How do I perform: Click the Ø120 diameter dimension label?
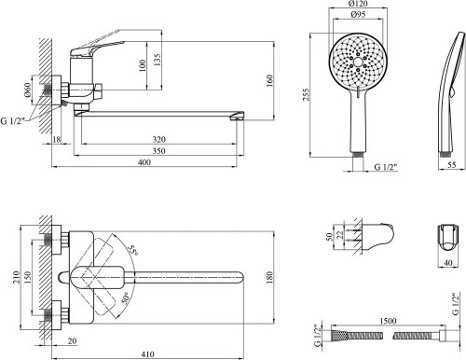tap(358, 4)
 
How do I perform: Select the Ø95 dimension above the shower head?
tap(358, 14)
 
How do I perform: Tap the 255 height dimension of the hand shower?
tap(307, 94)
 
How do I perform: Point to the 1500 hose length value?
tap(388, 321)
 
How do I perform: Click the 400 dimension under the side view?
tap(144, 162)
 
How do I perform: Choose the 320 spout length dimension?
tap(159, 139)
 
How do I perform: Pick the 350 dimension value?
tap(159, 151)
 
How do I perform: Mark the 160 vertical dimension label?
tap(269, 81)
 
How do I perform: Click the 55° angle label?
tap(133, 251)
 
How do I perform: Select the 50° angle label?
tap(124, 298)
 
